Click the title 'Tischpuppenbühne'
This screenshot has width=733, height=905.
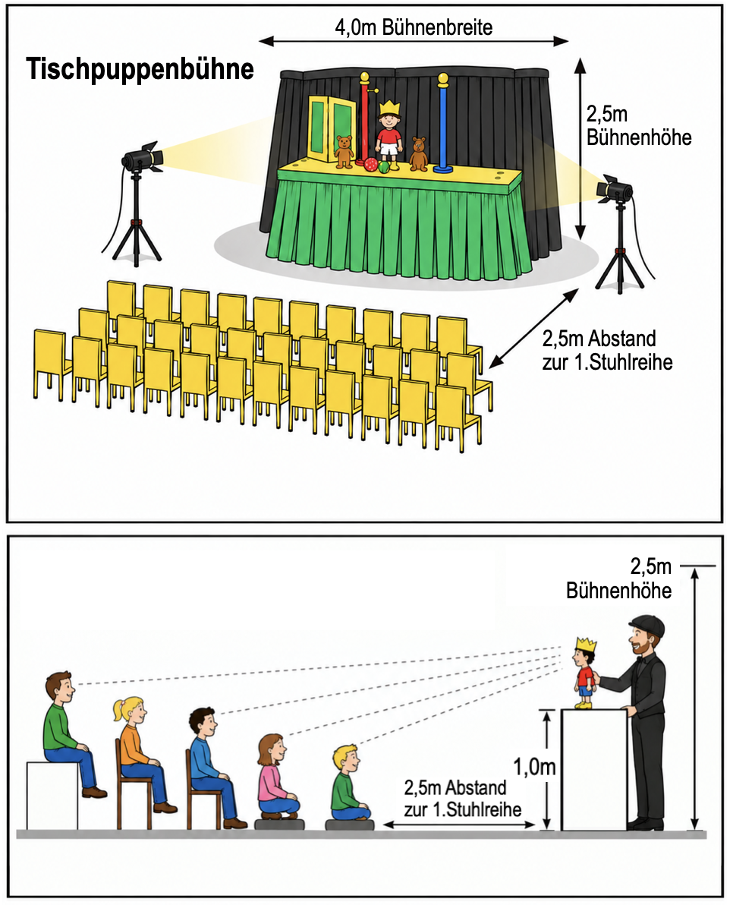pyautogui.click(x=140, y=70)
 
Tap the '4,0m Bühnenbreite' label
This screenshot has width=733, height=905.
pyautogui.click(x=414, y=27)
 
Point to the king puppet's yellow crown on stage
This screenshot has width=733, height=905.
pyautogui.click(x=389, y=108)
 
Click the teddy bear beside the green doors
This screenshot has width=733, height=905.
pyautogui.click(x=344, y=151)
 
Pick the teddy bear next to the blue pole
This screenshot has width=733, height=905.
pyautogui.click(x=419, y=154)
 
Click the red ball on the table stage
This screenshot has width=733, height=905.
pyautogui.click(x=370, y=165)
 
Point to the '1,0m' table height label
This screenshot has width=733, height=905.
pyautogui.click(x=534, y=767)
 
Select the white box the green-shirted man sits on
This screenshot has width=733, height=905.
pyautogui.click(x=52, y=796)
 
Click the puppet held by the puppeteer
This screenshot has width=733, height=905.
pyautogui.click(x=585, y=673)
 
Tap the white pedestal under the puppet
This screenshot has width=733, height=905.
pyautogui.click(x=594, y=769)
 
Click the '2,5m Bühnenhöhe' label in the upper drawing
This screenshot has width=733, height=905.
pyautogui.click(x=638, y=126)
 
